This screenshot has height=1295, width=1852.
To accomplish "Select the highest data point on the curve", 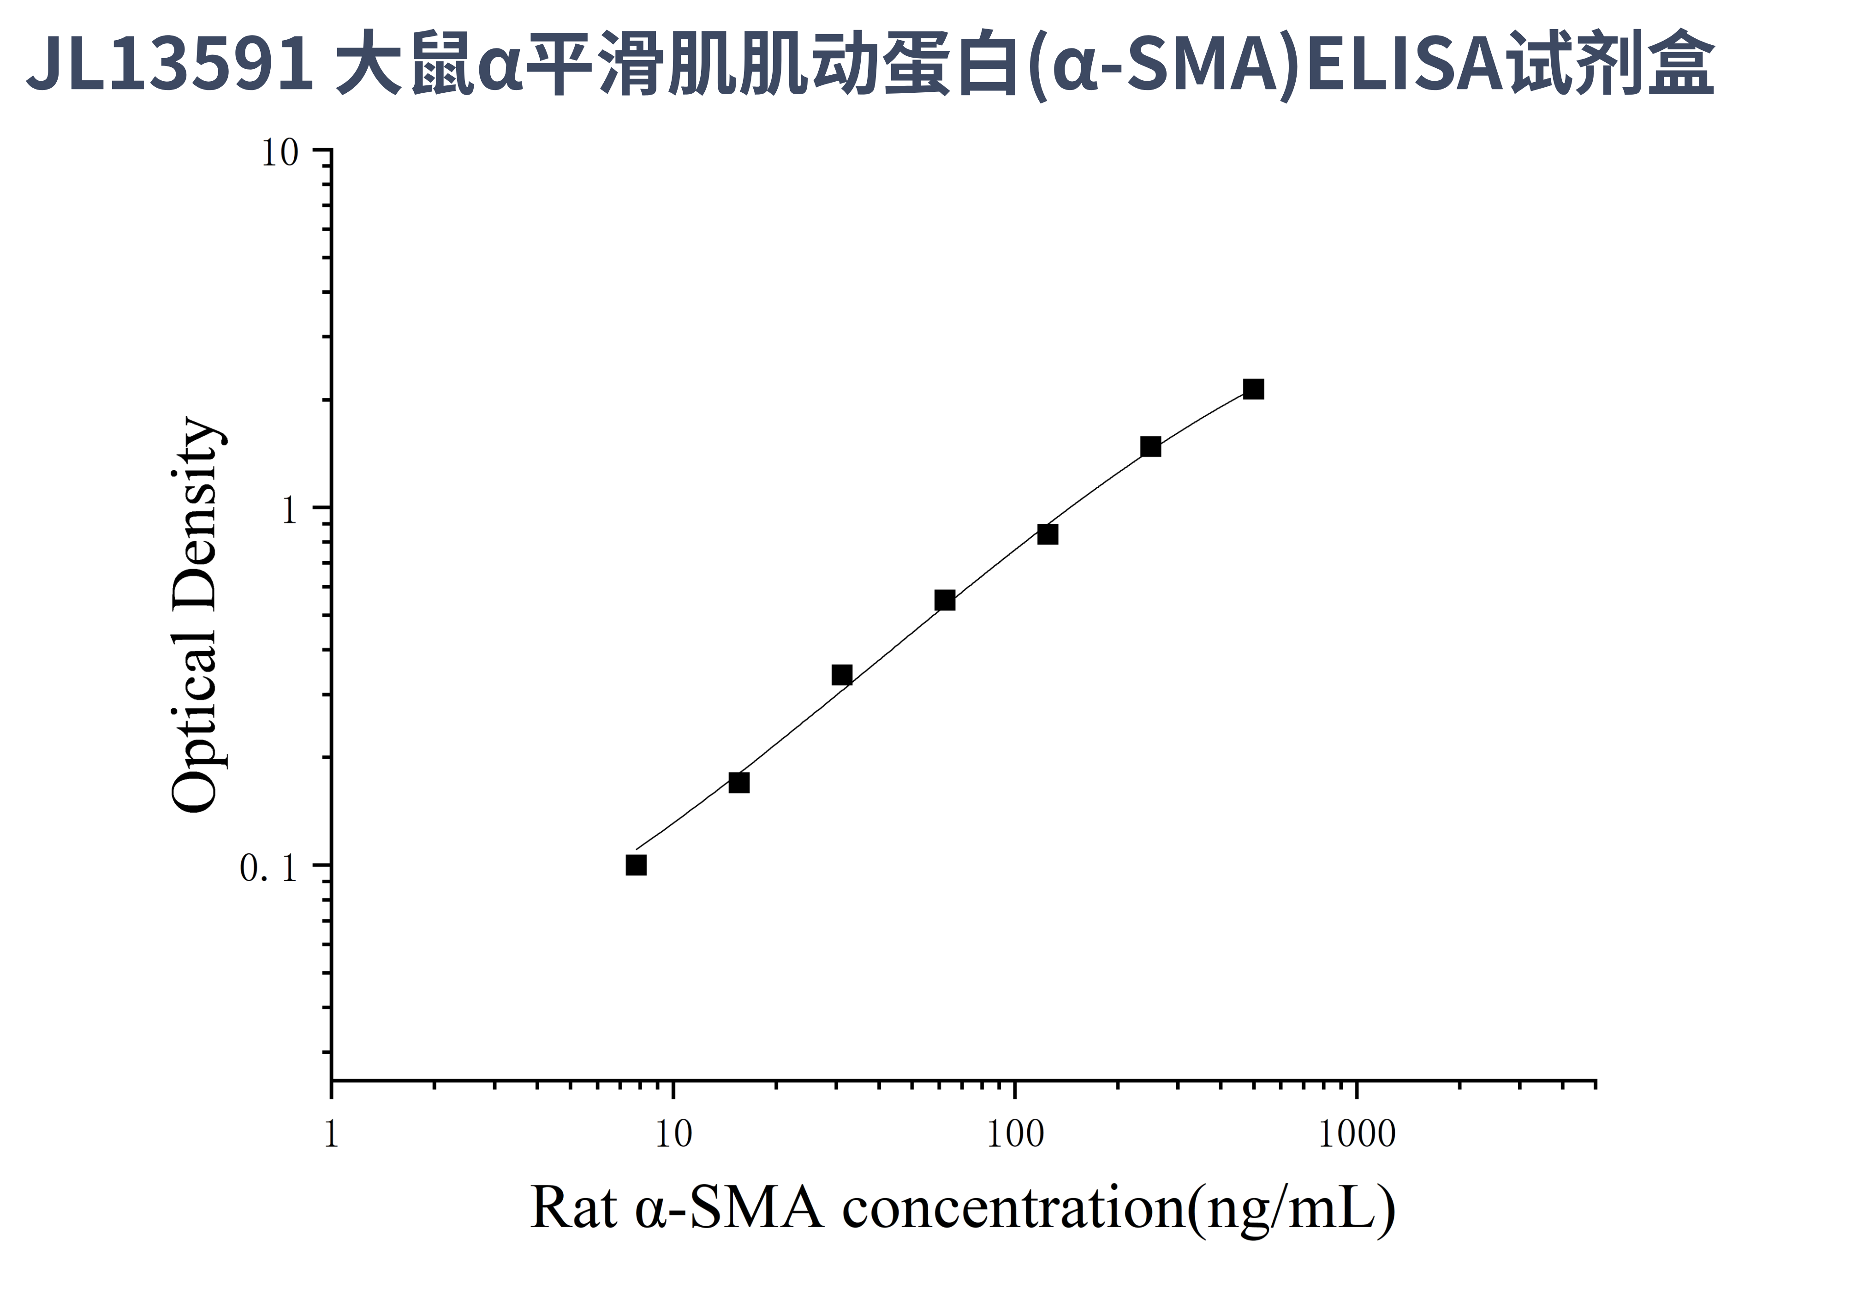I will pos(1253,390).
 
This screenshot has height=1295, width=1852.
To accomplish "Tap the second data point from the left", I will pos(739,783).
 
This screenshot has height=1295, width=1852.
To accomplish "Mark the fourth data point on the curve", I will pos(945,600).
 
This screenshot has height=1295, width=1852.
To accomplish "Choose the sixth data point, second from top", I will pos(1150,447).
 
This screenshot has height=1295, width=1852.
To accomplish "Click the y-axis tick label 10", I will pos(279,153).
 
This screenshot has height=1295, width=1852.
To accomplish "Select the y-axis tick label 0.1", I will pos(268,868).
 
